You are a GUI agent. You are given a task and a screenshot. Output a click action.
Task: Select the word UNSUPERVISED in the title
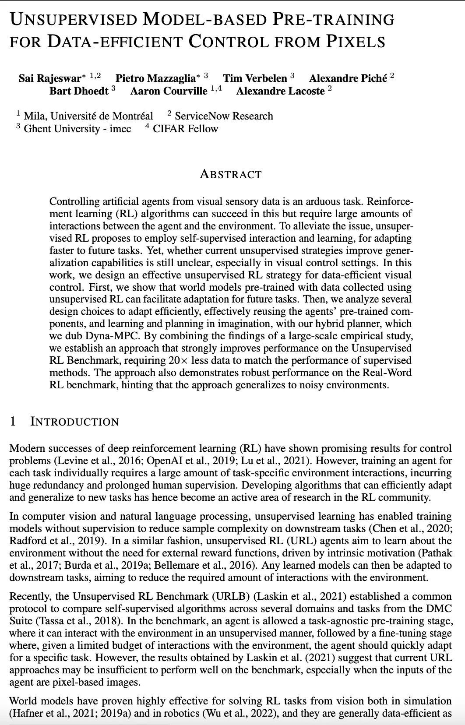tap(74, 20)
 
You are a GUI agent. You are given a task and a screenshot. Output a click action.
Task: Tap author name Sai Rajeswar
tap(50, 78)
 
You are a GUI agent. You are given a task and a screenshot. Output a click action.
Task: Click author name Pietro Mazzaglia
tap(155, 78)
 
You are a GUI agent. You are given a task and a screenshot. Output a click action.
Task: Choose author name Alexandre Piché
tap(348, 78)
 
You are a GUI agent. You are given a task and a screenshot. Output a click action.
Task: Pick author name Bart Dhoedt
tap(79, 91)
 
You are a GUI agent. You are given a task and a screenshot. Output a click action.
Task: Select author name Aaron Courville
tap(169, 91)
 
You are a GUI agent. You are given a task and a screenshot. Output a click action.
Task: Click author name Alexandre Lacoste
tap(280, 91)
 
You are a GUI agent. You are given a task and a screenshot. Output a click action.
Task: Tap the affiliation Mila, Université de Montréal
tap(88, 116)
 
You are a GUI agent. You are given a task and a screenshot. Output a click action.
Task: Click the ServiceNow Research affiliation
tap(223, 116)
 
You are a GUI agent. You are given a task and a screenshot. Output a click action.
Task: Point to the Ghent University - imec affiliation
tap(77, 129)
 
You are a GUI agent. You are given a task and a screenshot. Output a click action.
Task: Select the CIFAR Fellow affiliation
tap(185, 129)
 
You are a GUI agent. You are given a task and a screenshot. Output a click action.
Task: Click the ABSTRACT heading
tap(231, 174)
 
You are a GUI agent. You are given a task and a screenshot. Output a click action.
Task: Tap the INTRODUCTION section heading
tap(74, 422)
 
